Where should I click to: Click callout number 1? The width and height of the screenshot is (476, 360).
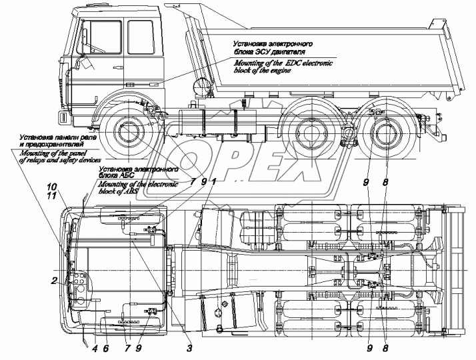click(x=213, y=181)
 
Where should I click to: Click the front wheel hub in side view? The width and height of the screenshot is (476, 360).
click(x=129, y=135)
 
